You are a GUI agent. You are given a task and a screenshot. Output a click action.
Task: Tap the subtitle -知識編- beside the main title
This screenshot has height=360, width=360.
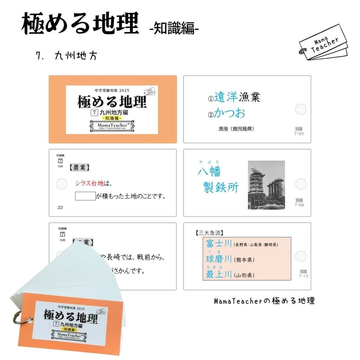[174, 28]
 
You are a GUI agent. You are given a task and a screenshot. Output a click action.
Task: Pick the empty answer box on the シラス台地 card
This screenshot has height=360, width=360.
[85, 196]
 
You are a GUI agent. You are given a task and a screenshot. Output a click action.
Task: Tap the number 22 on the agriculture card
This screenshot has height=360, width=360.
[61, 207]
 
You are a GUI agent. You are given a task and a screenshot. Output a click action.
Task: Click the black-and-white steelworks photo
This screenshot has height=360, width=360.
[266, 184]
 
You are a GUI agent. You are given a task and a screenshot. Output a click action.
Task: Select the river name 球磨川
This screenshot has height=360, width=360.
[219, 259]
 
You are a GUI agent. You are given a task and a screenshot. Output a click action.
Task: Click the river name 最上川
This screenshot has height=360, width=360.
[219, 274]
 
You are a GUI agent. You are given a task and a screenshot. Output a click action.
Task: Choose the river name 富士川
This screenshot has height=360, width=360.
[219, 244]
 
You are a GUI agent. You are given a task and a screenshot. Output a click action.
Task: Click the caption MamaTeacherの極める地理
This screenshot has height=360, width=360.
[264, 300]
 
